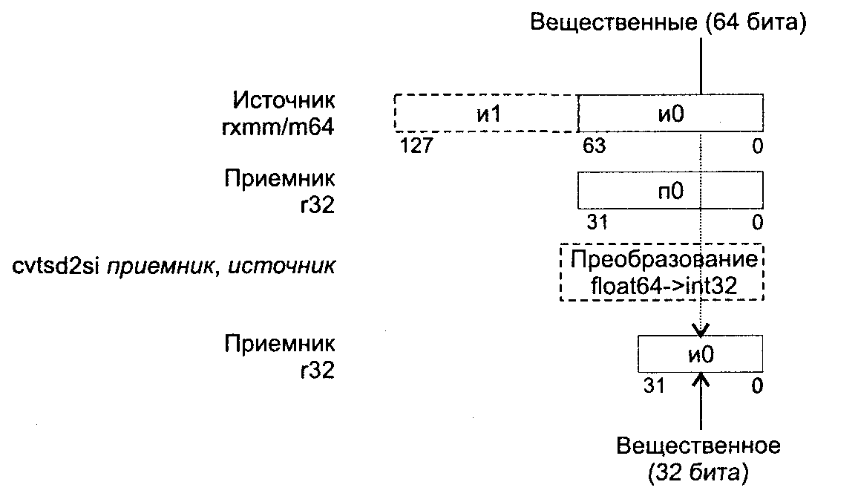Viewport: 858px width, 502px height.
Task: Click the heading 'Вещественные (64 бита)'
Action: coord(668,22)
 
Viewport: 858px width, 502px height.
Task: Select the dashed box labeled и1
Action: coord(486,113)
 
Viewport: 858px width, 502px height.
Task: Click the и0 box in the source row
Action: coord(670,113)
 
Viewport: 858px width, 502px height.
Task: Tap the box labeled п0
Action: coord(670,191)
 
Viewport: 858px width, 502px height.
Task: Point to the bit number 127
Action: coord(416,146)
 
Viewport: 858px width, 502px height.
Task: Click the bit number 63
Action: coord(594,146)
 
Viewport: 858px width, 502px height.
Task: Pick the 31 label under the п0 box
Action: coord(597,222)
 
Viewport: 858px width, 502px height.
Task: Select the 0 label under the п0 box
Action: coord(756,222)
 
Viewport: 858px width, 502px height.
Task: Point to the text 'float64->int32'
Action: coord(661,286)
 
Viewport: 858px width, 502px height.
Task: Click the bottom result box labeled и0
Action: coord(701,354)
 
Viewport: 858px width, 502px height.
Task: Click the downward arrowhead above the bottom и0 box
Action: coord(701,330)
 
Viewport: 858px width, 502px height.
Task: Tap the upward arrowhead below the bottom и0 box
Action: coord(701,379)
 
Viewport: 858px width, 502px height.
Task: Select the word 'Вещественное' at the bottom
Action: coord(698,446)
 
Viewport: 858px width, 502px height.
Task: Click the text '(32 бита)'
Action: coord(698,472)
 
